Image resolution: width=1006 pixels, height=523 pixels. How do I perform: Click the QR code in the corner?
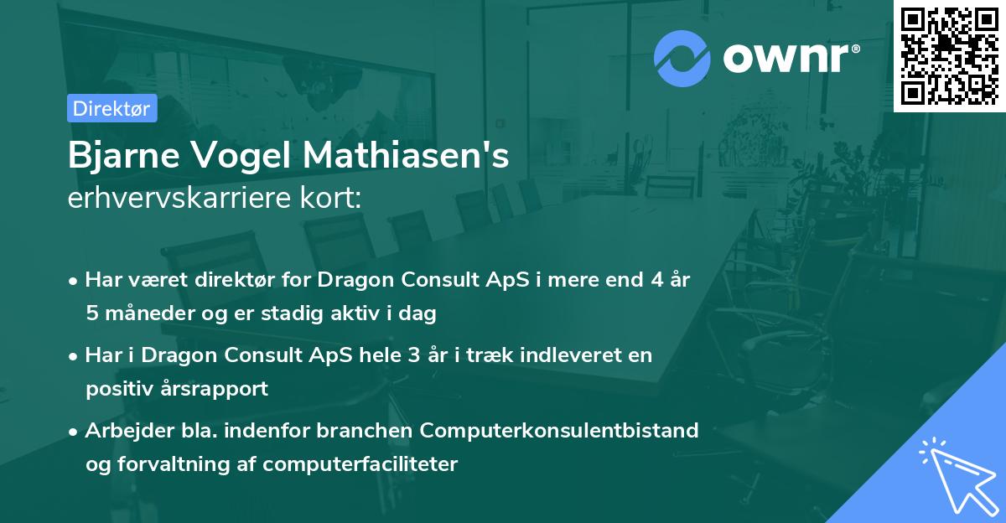coord(949,55)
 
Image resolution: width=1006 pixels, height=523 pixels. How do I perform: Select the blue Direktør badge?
coord(111,108)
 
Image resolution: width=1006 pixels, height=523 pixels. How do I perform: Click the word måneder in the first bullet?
coord(143,314)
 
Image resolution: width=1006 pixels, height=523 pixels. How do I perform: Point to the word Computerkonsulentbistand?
coord(559,430)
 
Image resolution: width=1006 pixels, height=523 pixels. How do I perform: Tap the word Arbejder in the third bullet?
coord(122,430)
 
